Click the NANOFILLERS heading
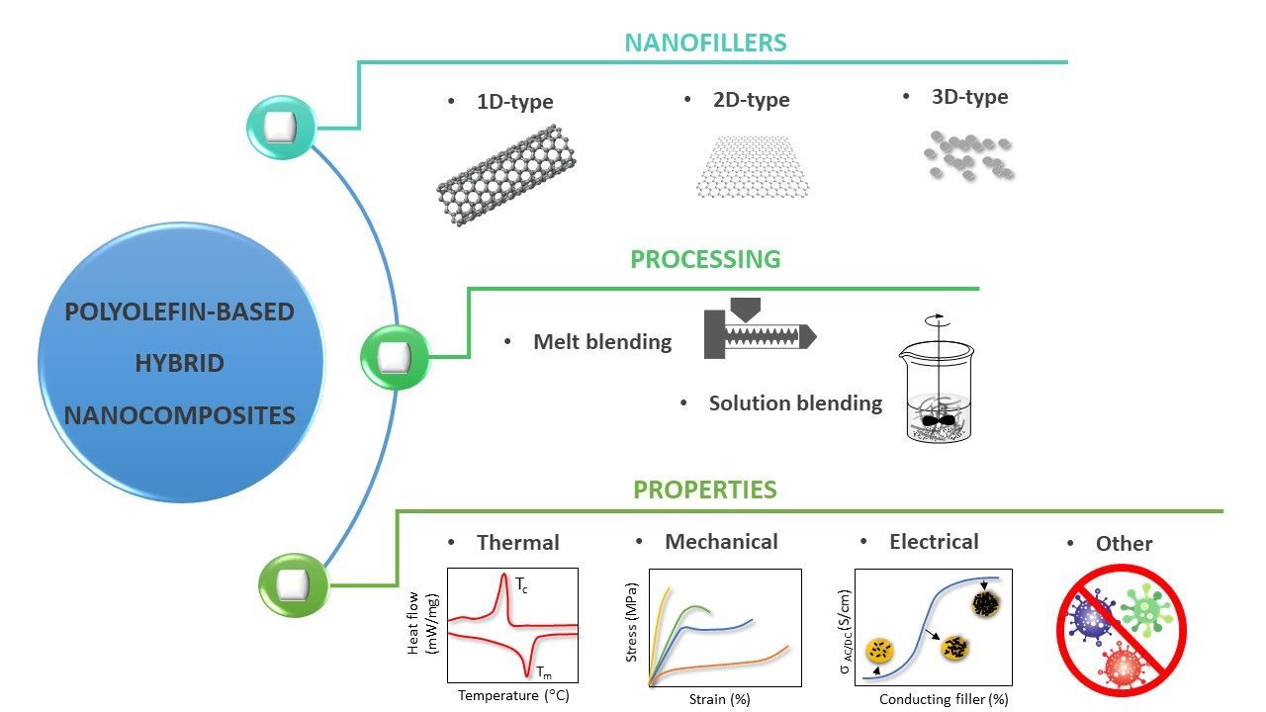click(705, 43)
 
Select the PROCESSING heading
click(705, 259)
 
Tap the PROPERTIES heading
click(705, 489)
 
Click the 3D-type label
click(969, 97)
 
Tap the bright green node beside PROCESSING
click(396, 355)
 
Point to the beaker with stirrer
click(934, 386)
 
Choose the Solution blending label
click(795, 403)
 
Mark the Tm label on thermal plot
click(543, 672)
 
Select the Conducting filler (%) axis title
click(944, 699)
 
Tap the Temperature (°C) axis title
click(513, 695)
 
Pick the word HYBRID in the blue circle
click(180, 363)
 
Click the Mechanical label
click(721, 541)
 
